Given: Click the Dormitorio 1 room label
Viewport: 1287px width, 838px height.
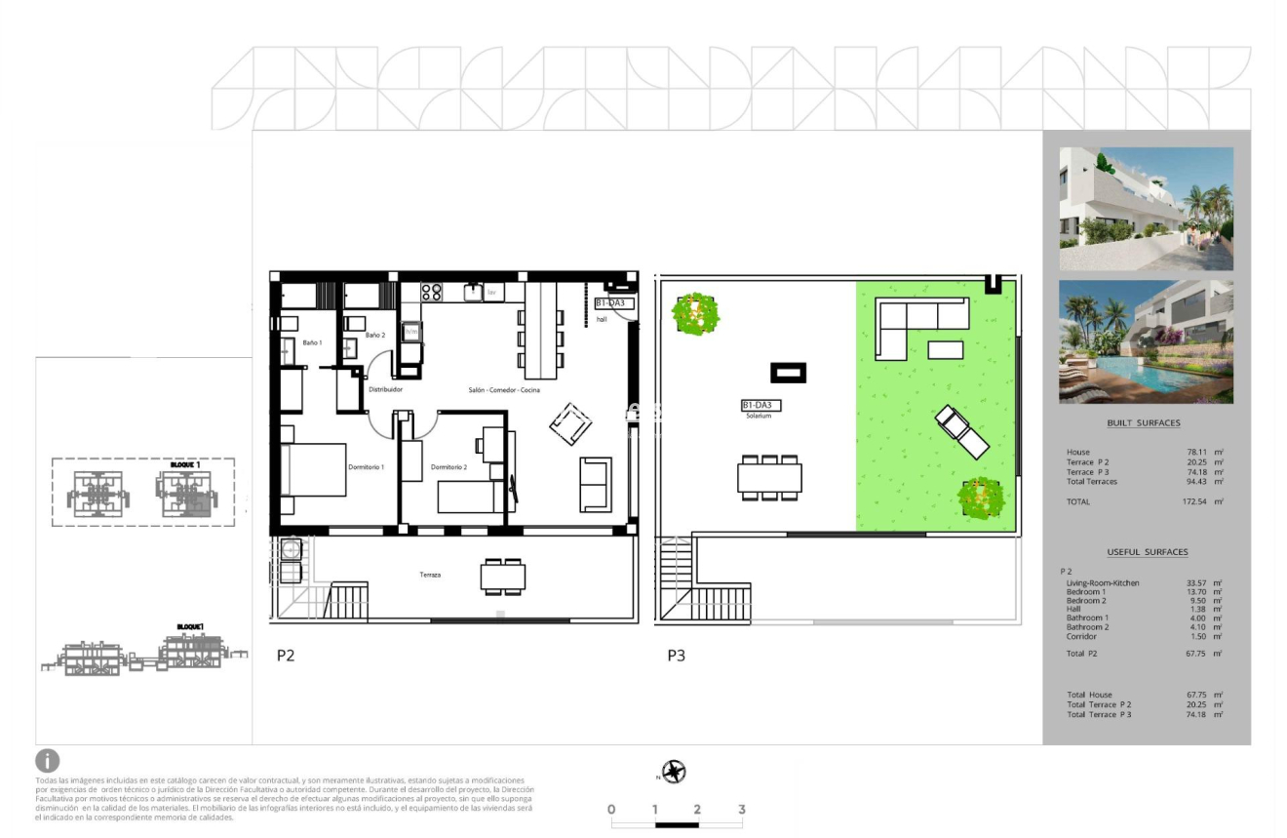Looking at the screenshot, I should pyautogui.click(x=366, y=467).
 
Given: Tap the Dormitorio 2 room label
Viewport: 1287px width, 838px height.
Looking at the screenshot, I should pyautogui.click(x=448, y=467).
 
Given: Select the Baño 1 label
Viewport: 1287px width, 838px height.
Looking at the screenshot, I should pyautogui.click(x=311, y=343).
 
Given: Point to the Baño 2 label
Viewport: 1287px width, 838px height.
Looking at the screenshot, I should pyautogui.click(x=374, y=336).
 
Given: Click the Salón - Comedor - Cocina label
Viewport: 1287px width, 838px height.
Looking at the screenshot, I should pyautogui.click(x=503, y=389).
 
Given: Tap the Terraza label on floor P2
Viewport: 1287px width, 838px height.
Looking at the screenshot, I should pyautogui.click(x=430, y=575).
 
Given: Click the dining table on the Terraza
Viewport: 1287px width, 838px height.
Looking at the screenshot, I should pyautogui.click(x=503, y=577).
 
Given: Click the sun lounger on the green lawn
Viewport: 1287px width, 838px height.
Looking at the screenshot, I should pyautogui.click(x=961, y=431).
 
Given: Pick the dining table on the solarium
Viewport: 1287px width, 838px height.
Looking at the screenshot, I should pyautogui.click(x=769, y=478).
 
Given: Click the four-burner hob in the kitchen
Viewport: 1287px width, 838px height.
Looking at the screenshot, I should pyautogui.click(x=431, y=292).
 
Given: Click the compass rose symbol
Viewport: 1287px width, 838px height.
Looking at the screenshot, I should pyautogui.click(x=673, y=773).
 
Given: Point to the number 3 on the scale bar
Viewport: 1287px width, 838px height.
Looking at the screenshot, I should pyautogui.click(x=742, y=810).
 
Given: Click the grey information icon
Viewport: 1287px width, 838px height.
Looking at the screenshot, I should pyautogui.click(x=47, y=761).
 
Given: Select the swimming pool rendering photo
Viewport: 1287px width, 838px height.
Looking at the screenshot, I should pyautogui.click(x=1146, y=341).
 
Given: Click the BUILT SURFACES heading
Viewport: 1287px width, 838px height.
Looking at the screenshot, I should pyautogui.click(x=1144, y=423).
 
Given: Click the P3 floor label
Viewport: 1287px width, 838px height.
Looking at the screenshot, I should pyautogui.click(x=676, y=656).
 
